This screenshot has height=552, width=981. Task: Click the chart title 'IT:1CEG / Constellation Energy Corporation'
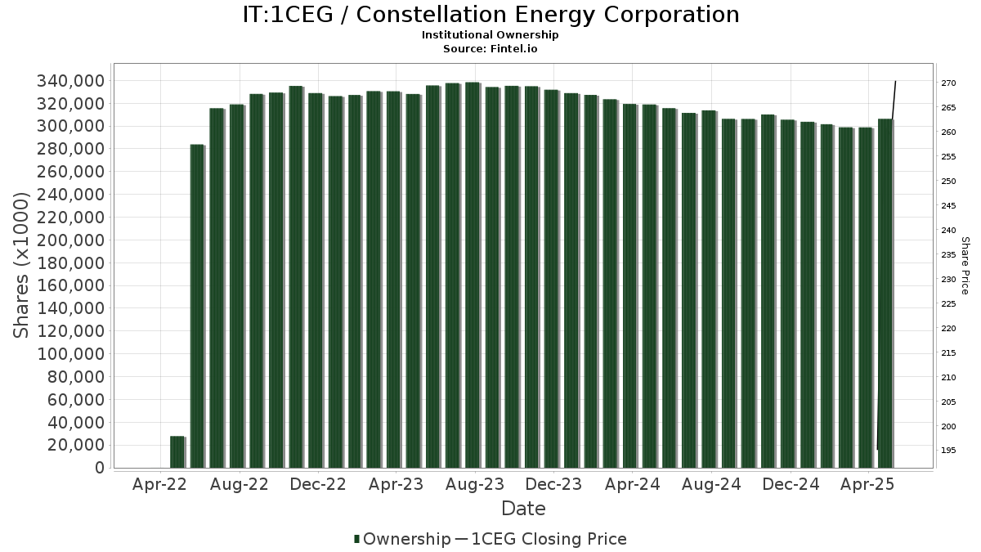point(490,15)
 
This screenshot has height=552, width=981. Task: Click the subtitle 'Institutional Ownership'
point(490,35)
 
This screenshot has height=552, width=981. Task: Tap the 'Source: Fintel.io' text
point(490,48)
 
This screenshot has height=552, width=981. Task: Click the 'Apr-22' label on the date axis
point(159,484)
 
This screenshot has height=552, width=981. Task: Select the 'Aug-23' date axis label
point(475,484)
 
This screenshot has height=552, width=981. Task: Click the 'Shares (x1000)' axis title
point(22,265)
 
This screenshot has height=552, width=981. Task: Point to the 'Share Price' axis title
point(965,265)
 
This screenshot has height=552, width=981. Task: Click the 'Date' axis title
point(523,509)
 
